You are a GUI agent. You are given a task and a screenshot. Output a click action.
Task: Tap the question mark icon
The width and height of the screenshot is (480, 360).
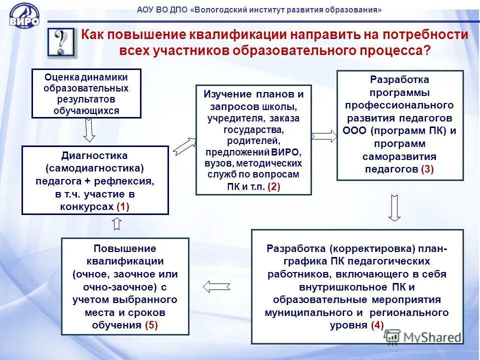point(62,42)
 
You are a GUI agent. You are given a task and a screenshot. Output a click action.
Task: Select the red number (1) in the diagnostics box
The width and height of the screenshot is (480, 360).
point(122,206)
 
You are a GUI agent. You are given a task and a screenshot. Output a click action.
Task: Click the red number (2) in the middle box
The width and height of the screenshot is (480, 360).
point(274,187)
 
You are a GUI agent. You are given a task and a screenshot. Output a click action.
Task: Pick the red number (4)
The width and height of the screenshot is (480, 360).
point(377,325)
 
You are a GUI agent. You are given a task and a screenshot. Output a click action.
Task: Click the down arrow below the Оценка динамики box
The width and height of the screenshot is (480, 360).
point(89,131)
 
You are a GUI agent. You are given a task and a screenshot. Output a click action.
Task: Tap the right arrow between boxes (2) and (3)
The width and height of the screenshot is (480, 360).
point(324,136)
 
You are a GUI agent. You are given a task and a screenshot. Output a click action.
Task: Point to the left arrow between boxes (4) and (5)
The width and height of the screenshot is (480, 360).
point(216,286)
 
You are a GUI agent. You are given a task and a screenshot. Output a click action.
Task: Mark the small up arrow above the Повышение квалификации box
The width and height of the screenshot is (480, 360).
point(117,223)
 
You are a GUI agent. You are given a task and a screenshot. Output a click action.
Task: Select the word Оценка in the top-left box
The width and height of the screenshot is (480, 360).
point(62,77)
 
